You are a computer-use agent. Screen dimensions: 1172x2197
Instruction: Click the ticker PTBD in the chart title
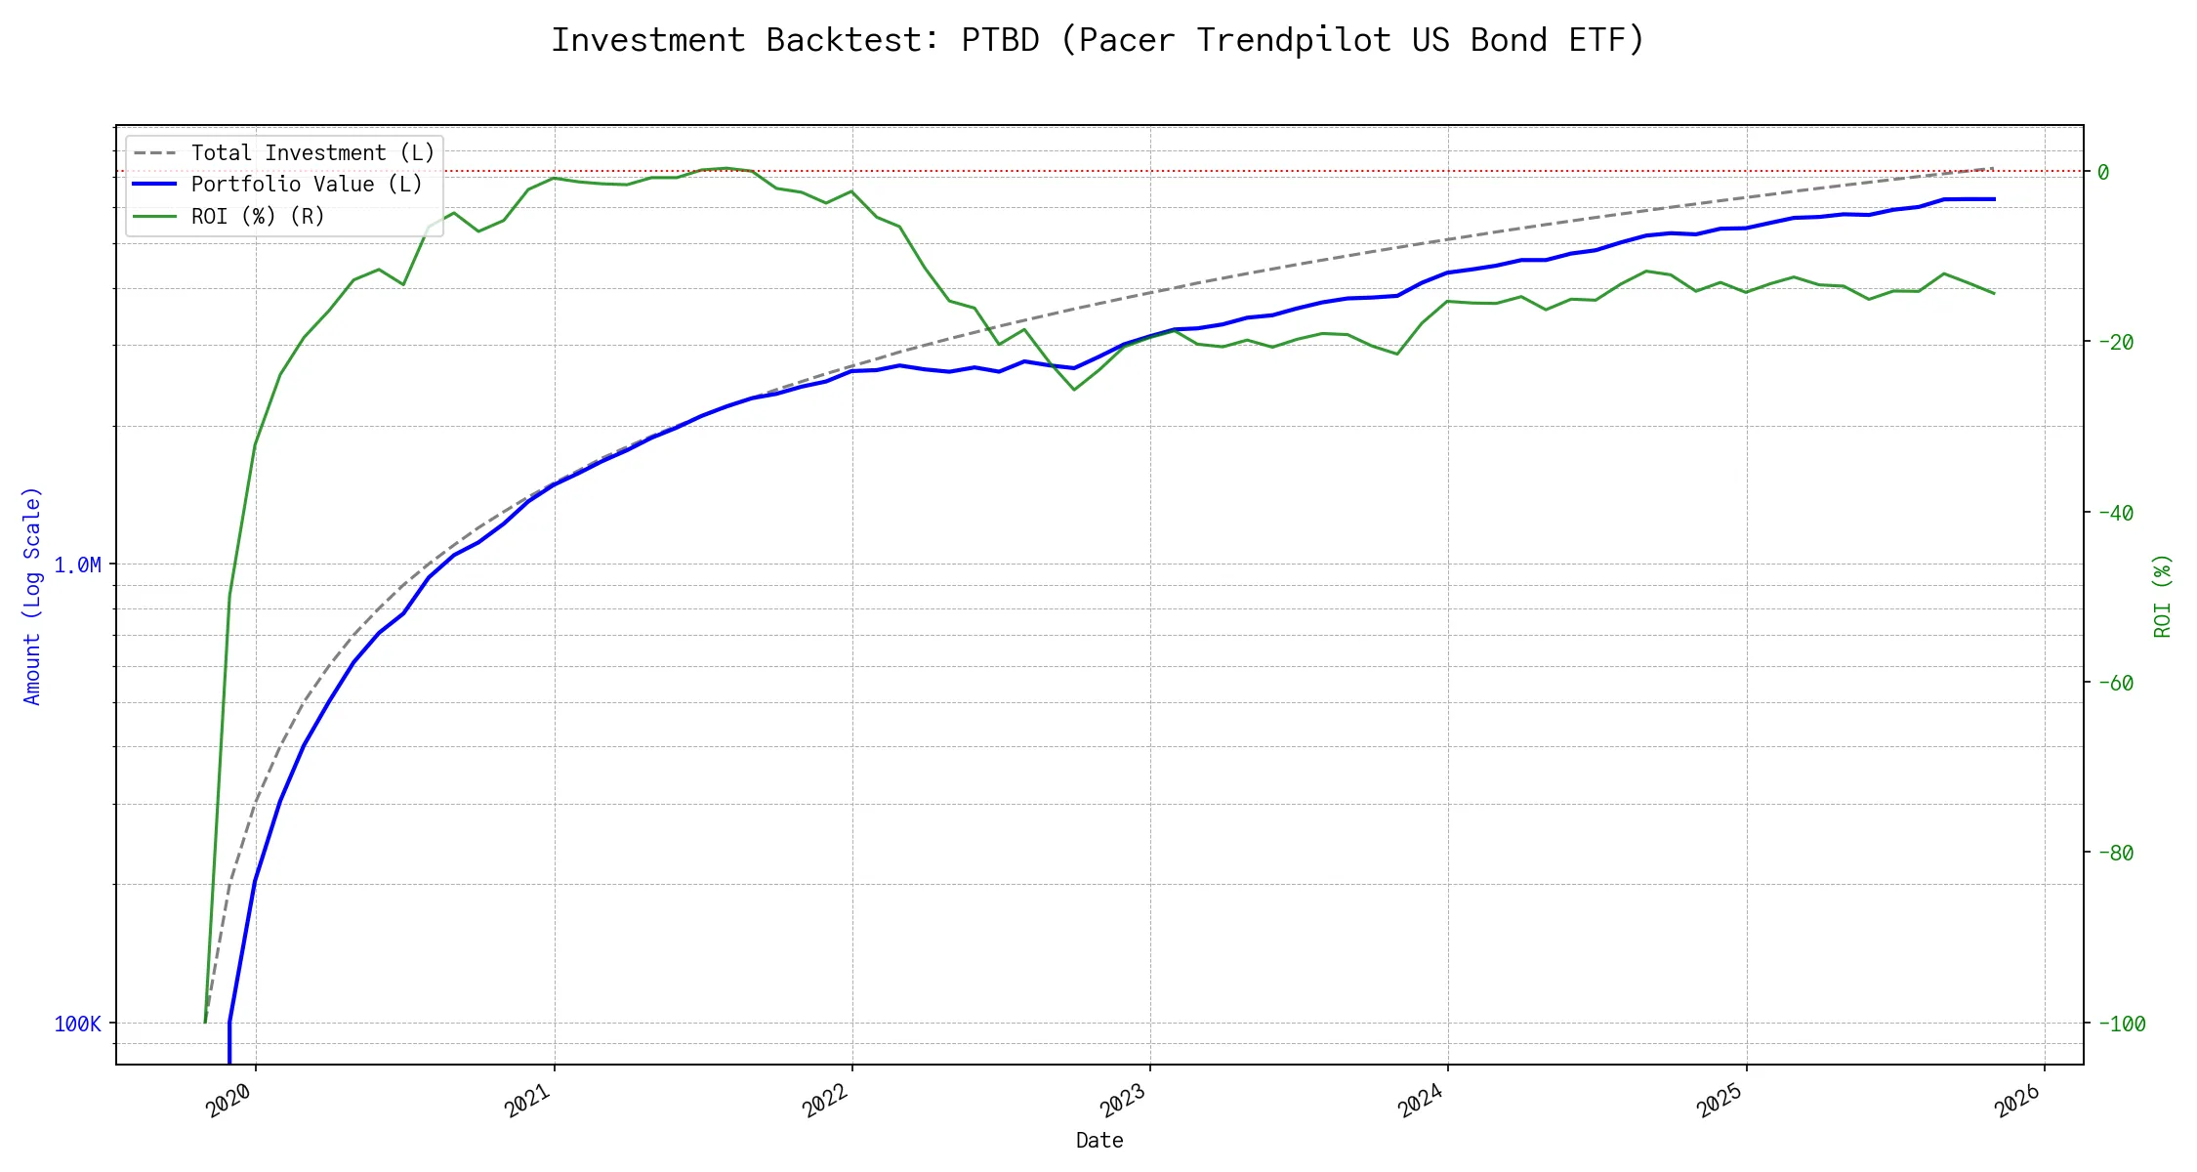click(x=1000, y=40)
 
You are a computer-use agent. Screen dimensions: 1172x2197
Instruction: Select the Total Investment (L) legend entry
click(x=311, y=153)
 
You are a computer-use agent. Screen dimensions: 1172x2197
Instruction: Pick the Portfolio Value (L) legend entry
click(x=306, y=185)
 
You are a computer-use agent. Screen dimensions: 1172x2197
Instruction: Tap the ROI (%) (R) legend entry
click(x=257, y=216)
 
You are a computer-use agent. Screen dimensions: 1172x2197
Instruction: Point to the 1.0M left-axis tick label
click(x=77, y=565)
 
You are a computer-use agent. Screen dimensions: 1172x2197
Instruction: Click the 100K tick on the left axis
click(x=77, y=1025)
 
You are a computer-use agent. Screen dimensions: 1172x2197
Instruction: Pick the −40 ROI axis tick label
click(x=2115, y=513)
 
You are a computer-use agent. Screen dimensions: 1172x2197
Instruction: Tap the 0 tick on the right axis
click(x=2103, y=173)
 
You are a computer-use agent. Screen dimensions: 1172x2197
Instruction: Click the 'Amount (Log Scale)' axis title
click(x=32, y=596)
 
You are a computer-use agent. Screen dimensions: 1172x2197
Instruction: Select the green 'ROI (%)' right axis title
click(x=2163, y=596)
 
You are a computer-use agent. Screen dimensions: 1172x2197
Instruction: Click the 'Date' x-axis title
click(x=1099, y=1141)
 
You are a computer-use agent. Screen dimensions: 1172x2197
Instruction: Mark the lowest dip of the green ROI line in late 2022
click(x=1074, y=390)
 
